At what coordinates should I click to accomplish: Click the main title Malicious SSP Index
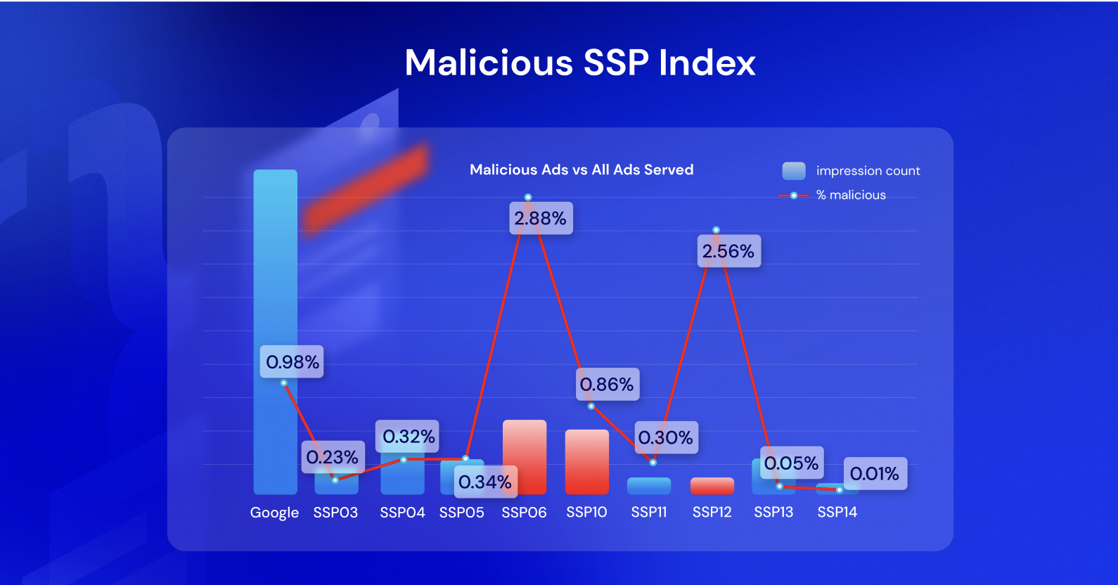580,63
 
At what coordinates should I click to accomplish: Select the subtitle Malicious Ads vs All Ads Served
582,169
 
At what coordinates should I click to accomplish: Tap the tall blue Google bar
275,281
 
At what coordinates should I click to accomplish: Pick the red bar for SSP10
586,462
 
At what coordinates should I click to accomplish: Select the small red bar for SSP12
712,486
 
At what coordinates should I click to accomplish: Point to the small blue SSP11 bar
649,486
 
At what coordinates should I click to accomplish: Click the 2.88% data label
540,219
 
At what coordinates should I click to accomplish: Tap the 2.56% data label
728,251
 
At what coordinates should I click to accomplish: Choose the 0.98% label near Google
292,361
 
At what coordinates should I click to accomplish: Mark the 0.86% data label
608,384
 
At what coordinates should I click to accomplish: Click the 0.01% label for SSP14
875,473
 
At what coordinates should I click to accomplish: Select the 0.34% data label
485,482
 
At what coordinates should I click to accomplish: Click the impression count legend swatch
794,171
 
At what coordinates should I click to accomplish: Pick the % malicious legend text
851,195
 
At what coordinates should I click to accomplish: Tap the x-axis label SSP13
773,512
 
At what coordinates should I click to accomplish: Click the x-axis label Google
274,513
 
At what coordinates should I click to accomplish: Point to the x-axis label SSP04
402,513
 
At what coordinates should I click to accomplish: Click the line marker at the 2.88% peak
528,198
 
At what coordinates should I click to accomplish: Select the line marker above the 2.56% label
716,230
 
